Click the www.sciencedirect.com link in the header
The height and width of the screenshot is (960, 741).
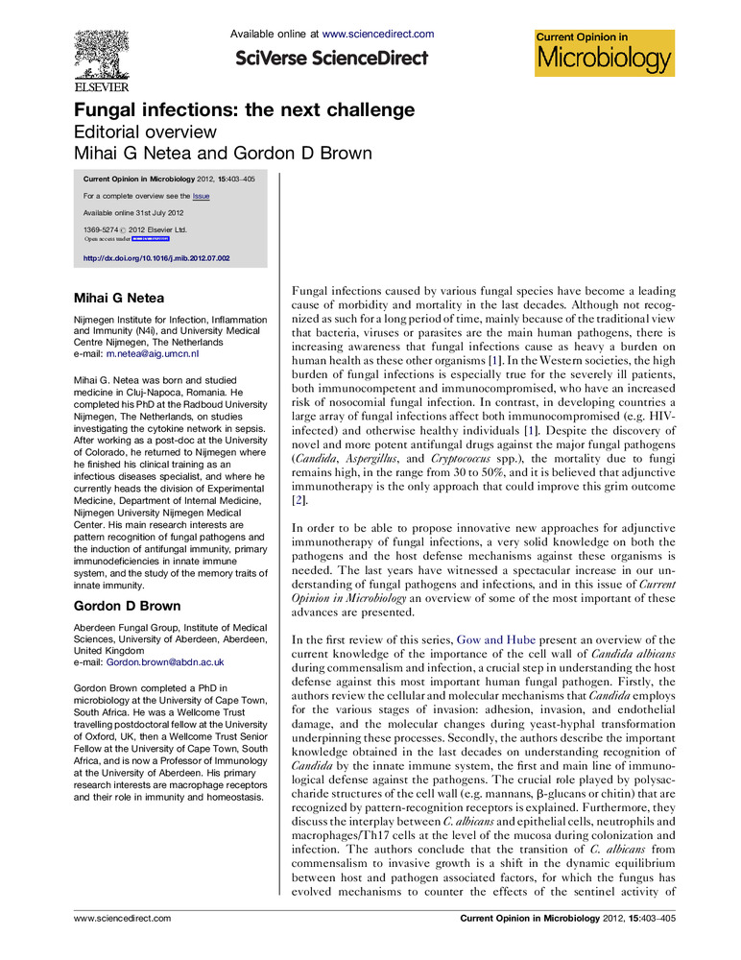pyautogui.click(x=378, y=35)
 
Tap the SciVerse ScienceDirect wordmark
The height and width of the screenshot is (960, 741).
pyautogui.click(x=331, y=59)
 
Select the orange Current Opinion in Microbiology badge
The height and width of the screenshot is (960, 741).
pyautogui.click(x=605, y=52)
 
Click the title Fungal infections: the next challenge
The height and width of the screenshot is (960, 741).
pyautogui.click(x=245, y=109)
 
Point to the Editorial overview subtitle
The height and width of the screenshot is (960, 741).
pyautogui.click(x=146, y=132)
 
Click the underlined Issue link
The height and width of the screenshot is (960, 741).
pyautogui.click(x=201, y=196)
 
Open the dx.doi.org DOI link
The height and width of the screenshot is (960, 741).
pyautogui.click(x=156, y=258)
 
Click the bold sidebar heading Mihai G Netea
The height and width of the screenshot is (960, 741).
pyautogui.click(x=120, y=298)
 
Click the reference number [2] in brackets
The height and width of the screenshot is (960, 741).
pyautogui.click(x=298, y=500)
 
